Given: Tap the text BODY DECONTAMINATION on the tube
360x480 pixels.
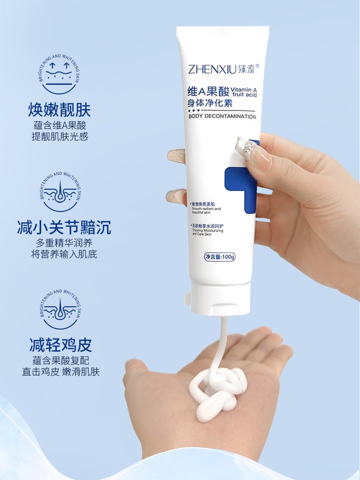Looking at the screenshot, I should (222, 117).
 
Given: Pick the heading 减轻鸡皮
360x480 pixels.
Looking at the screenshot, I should (61, 345).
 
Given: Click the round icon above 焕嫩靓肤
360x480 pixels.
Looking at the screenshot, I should (60, 72).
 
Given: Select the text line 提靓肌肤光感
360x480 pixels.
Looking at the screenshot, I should (60, 137).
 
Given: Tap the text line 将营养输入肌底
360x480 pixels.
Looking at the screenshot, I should (64, 254).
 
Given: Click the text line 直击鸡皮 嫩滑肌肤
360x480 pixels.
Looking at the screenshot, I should (61, 372).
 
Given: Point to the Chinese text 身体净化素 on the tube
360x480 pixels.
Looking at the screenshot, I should (210, 102).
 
